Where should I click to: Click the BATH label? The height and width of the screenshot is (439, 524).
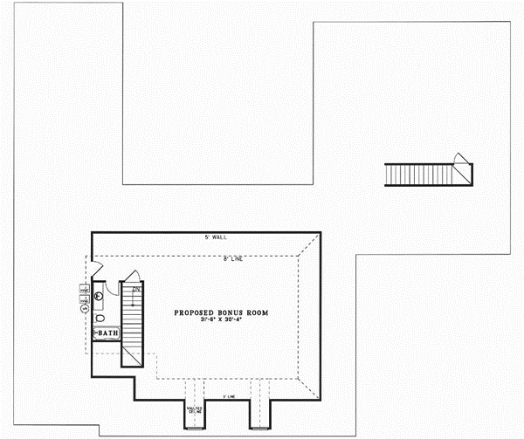(x=107, y=333)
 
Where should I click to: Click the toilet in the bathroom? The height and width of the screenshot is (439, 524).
(x=99, y=318)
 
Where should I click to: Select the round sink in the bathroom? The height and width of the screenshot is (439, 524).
(x=99, y=296)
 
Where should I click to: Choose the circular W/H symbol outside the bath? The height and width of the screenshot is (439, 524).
(x=85, y=307)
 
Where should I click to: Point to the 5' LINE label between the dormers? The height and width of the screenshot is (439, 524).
(x=228, y=397)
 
